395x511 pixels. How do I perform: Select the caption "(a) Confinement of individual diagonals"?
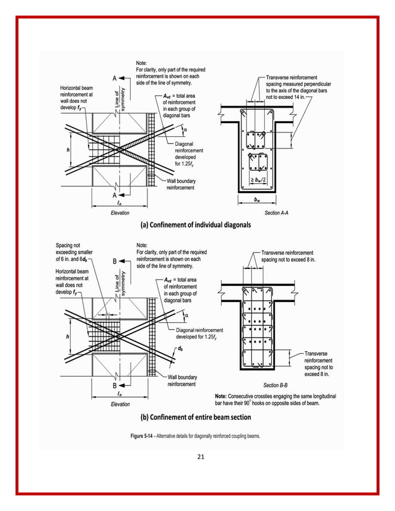click(196, 225)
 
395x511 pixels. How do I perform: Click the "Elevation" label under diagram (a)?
click(120, 213)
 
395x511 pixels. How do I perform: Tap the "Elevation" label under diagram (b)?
click(120, 404)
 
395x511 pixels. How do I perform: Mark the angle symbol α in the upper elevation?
click(186, 129)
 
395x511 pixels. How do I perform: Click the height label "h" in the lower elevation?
click(67, 337)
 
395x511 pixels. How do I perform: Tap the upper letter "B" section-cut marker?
click(115, 261)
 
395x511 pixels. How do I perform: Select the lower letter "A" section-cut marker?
click(115, 194)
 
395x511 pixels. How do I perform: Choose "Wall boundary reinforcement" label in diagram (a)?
click(181, 184)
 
